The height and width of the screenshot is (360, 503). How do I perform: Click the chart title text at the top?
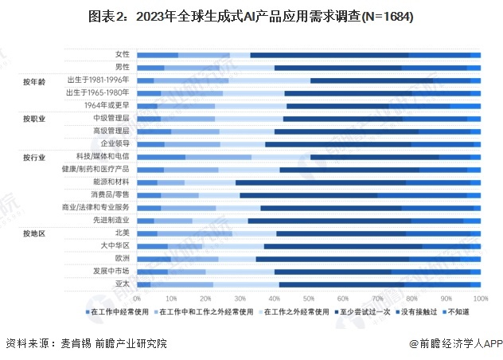tap(251, 16)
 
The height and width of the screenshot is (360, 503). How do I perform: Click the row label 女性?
tap(123, 54)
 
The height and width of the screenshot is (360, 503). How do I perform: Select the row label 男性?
tap(123, 67)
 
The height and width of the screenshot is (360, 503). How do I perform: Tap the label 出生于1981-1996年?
tap(99, 80)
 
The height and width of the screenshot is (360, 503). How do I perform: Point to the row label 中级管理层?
tap(111, 118)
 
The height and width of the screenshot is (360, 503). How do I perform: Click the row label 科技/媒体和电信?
tap(103, 156)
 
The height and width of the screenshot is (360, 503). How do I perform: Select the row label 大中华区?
tap(116, 245)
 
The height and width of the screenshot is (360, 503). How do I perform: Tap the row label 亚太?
tap(123, 284)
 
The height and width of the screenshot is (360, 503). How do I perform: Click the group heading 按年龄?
tap(34, 80)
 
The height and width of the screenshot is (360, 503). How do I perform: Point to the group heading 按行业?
tap(34, 157)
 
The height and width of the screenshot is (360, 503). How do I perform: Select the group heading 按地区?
tap(34, 233)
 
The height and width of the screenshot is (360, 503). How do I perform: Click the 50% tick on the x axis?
tap(308, 297)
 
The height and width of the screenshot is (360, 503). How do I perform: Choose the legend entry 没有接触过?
tap(423, 312)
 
